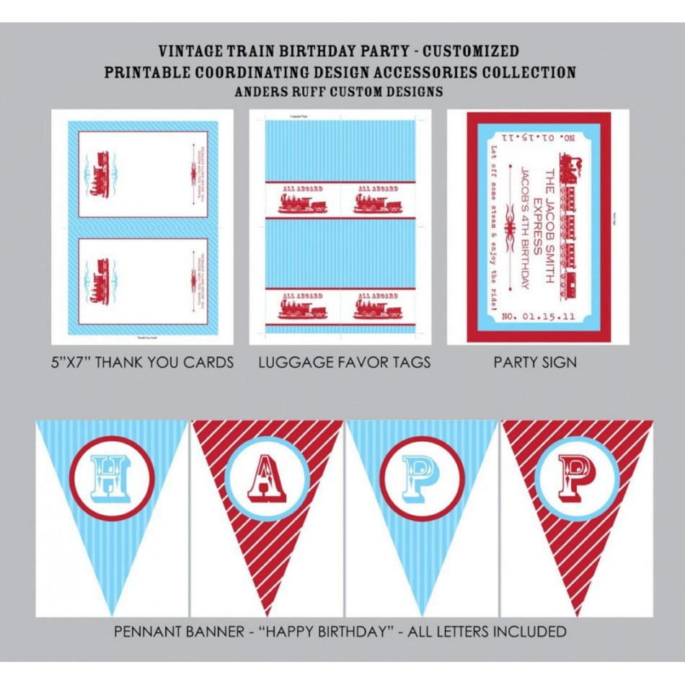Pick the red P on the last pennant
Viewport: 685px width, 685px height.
pos(576,478)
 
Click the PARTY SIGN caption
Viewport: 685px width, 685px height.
pos(535,363)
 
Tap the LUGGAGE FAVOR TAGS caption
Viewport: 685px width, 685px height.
pos(344,363)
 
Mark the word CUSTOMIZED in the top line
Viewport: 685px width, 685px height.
pos(470,52)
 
